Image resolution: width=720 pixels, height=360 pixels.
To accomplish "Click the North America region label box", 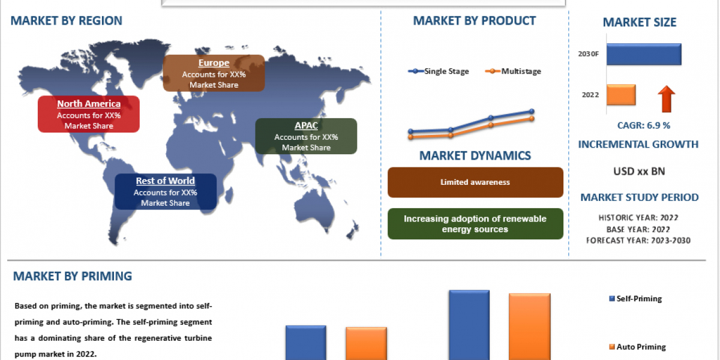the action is [x=89, y=114].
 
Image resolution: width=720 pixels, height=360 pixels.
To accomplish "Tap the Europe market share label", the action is [x=214, y=73].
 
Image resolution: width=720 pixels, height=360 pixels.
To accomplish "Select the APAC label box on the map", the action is [x=306, y=136].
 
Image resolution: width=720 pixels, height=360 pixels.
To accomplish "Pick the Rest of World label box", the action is [x=166, y=191].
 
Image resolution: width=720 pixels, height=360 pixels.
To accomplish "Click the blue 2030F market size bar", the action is [x=644, y=54].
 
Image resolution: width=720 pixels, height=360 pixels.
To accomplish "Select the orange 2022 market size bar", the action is [x=621, y=95].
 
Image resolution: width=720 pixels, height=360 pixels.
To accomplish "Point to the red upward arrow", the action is [x=667, y=99].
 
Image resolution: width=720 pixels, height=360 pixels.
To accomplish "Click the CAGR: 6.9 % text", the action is [x=644, y=125].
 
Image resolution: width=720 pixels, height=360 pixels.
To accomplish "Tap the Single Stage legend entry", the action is [x=439, y=71].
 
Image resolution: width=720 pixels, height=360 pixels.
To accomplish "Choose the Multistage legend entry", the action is [x=513, y=71].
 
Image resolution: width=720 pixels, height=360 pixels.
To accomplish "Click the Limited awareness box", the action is [x=475, y=182].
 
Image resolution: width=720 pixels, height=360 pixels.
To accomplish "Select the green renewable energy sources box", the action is [x=475, y=224].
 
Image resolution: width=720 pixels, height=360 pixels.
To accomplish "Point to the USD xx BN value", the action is [x=639, y=172].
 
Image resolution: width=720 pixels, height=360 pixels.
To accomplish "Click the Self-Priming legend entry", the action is [x=635, y=299].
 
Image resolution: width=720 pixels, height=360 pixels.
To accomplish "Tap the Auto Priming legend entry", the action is [x=637, y=347].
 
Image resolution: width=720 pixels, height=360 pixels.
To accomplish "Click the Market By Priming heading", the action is [x=73, y=276].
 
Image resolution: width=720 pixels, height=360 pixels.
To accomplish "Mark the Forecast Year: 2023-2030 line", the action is [x=638, y=241].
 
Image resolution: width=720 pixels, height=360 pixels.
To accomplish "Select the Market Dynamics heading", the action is [x=475, y=155].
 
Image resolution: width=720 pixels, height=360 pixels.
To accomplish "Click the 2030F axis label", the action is [x=588, y=54].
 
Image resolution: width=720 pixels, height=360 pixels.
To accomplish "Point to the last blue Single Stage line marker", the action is [x=532, y=111].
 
